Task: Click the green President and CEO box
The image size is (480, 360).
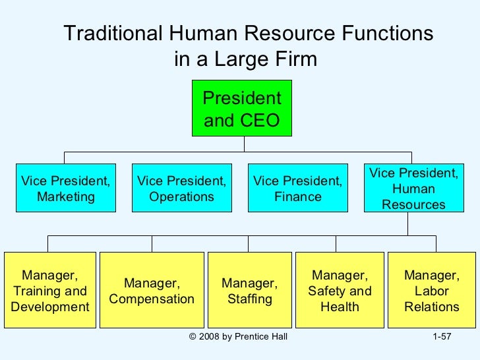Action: pos(242,109)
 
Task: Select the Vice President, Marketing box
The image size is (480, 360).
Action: pos(65,188)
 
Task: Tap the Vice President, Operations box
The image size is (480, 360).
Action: pos(181,188)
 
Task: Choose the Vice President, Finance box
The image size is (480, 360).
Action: pos(297,188)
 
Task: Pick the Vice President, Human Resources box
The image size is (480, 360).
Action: pos(413,188)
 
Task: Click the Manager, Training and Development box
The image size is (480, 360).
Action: pos(50,290)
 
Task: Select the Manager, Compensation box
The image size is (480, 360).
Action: pos(152,290)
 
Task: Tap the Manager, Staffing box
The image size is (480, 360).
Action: pos(249,290)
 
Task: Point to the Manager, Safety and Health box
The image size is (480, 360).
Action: pos(340,290)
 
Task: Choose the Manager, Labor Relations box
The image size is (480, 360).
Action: pos(432,290)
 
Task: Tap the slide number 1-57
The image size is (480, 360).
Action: pos(441,338)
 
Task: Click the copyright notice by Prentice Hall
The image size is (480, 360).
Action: pos(237,338)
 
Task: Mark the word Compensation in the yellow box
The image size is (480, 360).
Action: pos(152,299)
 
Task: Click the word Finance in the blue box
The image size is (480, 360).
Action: pos(298,196)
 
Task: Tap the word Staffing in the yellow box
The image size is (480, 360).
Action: pos(249,299)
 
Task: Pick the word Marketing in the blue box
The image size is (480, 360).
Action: pos(65,196)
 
